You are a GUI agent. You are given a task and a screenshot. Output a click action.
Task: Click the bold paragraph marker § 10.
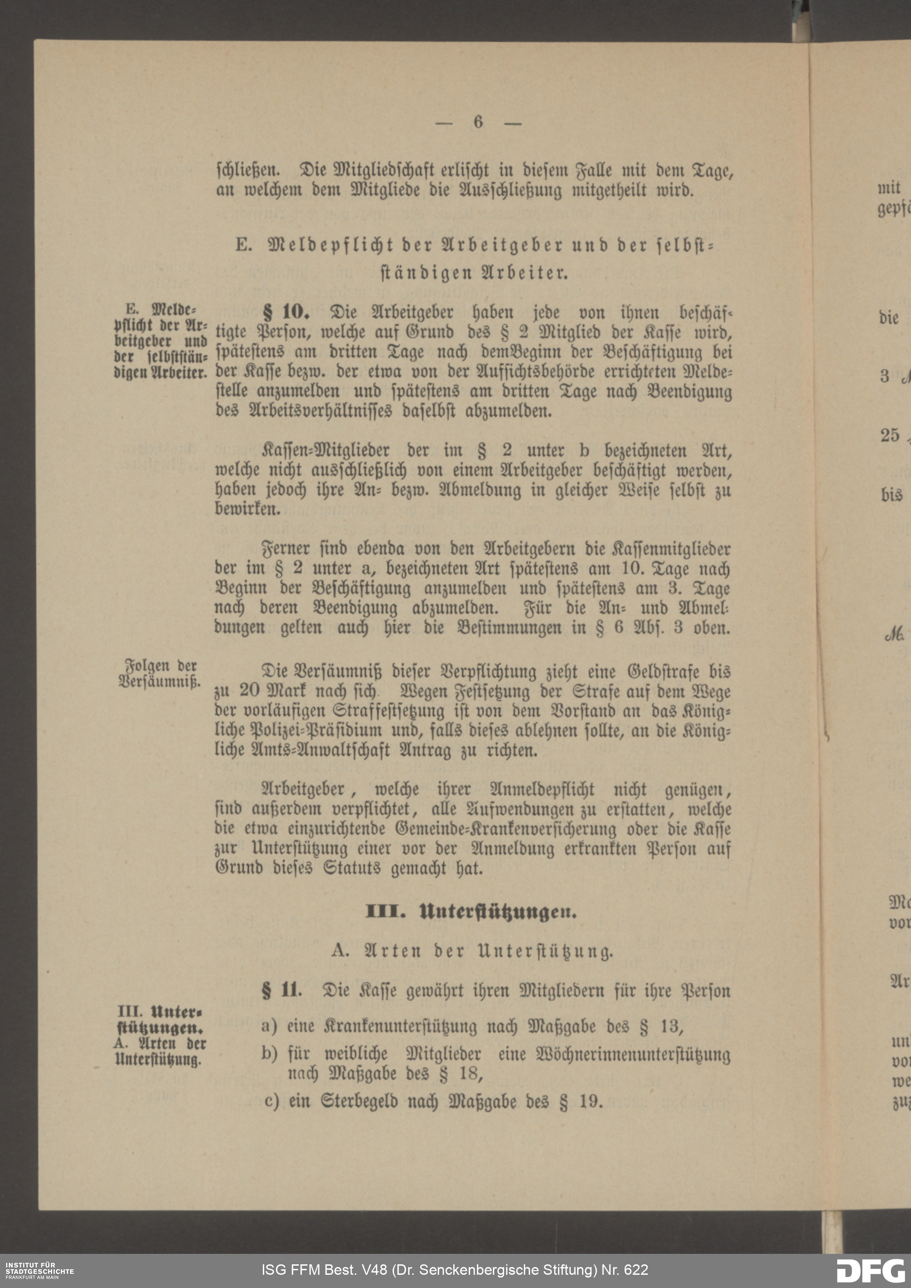pyautogui.click(x=286, y=312)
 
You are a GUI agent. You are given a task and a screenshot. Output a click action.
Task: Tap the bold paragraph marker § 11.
pyautogui.click(x=281, y=990)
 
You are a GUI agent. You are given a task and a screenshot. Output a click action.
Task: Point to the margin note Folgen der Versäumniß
pyautogui.click(x=160, y=674)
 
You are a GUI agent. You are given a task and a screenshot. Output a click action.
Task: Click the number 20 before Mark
pyautogui.click(x=250, y=690)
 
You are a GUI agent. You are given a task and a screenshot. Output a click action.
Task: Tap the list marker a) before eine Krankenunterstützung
pyautogui.click(x=269, y=1027)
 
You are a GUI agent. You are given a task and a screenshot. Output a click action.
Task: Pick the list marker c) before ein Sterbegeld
pyautogui.click(x=271, y=1101)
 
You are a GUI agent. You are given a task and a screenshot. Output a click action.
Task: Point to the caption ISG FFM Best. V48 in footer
pyautogui.click(x=455, y=1269)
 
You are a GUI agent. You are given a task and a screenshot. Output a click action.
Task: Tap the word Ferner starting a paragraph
pyautogui.click(x=286, y=549)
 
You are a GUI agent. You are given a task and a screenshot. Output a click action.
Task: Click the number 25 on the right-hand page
pyautogui.click(x=889, y=435)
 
